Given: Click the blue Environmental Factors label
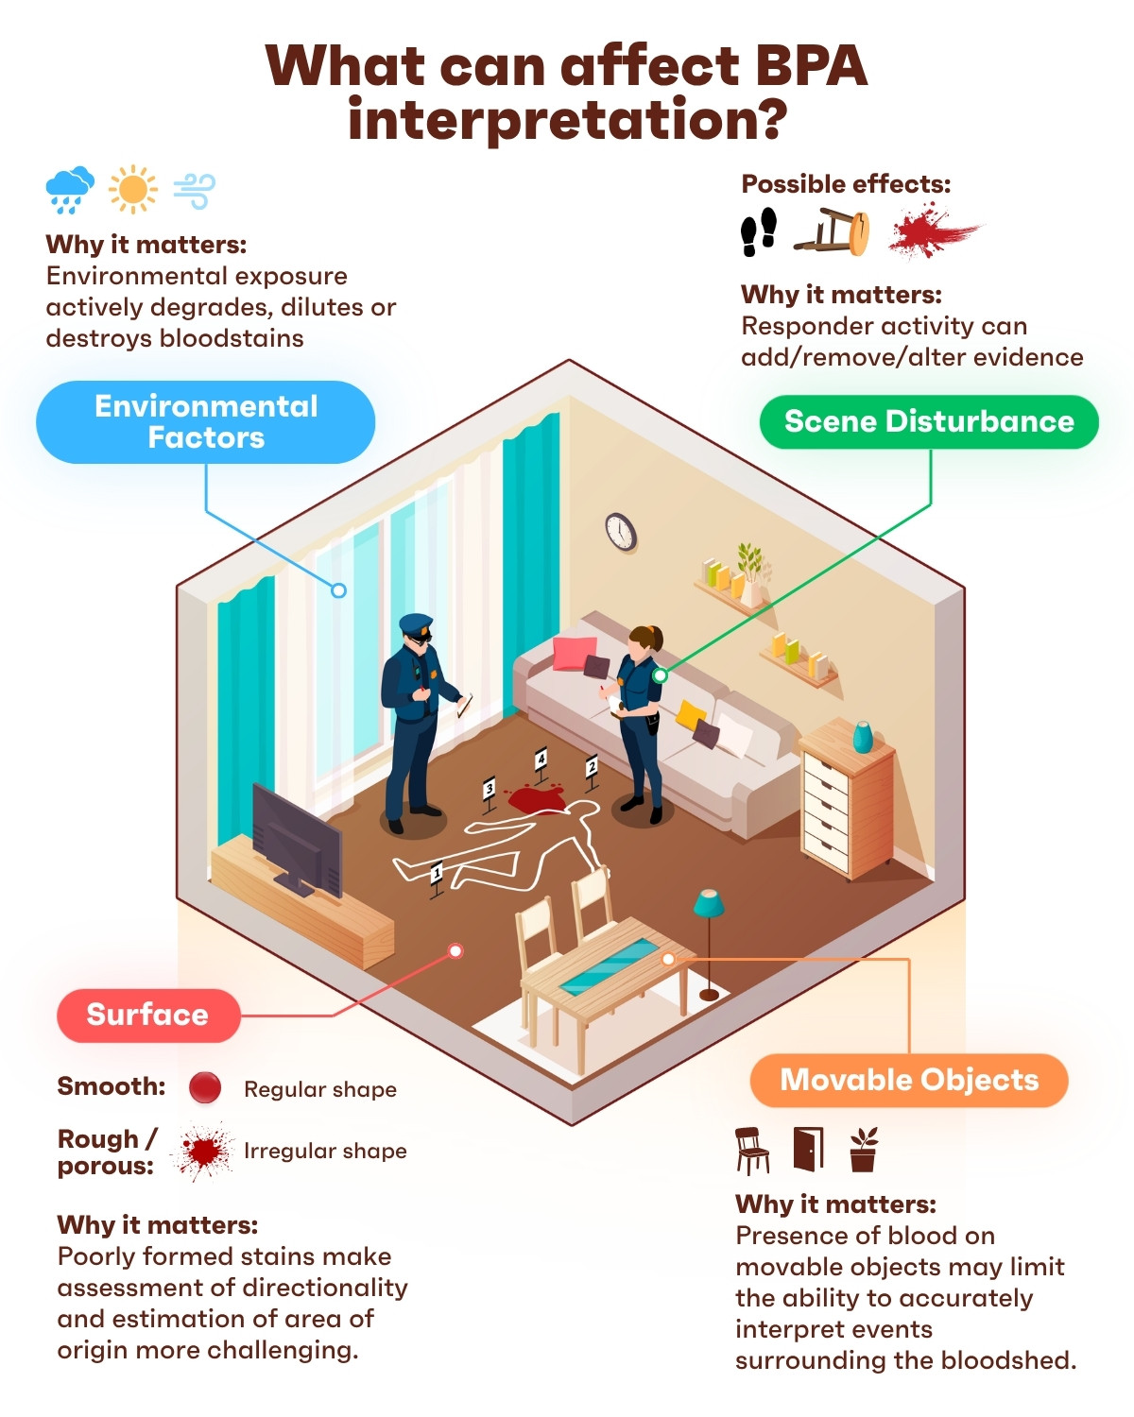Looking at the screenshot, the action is pos(206,422).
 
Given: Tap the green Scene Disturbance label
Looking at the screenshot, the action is pos(928,421).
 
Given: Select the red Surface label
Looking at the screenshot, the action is pos(148,1015).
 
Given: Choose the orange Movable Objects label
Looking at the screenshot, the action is pos(909,1080).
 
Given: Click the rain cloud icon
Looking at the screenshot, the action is pos(69,190).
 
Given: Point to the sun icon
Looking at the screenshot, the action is pos(133,190).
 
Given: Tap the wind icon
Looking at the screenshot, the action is pos(195,191).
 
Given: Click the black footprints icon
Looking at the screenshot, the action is pos(759,231).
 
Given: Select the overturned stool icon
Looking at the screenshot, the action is pos(833,231).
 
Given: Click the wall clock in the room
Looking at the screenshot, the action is pos(621,531).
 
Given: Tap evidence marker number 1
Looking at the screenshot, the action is pos(437,879).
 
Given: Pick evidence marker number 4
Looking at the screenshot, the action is pos(541,764).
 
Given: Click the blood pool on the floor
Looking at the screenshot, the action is pos(535,798).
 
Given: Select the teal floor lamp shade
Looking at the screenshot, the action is pos(709,903).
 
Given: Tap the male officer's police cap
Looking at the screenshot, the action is pos(416,623).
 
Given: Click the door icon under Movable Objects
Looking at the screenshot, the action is pos(809,1149).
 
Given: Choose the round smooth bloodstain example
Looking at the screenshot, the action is pos(205,1087).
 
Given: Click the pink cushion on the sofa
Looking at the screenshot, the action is pos(574,653).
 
